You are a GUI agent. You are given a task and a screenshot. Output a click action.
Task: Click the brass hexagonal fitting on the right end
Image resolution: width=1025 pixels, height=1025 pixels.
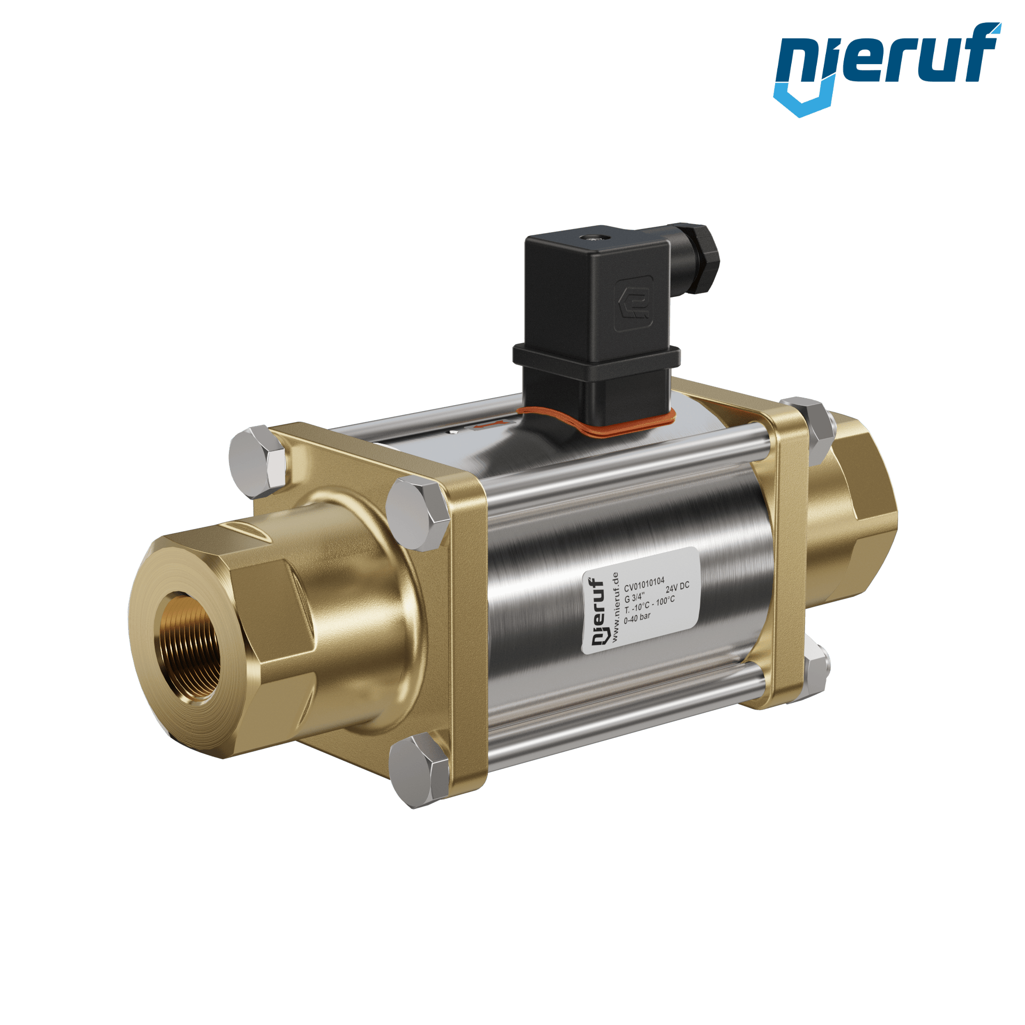[x=854, y=497]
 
